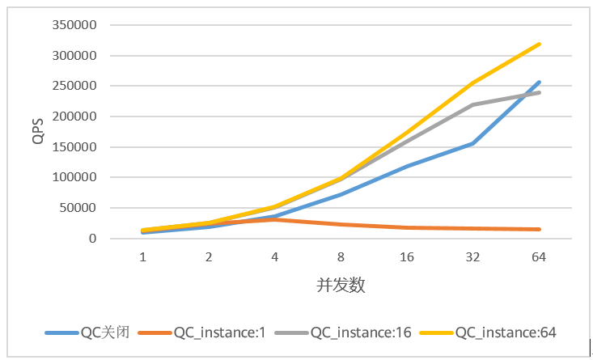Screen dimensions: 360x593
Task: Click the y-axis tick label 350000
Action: [74, 25]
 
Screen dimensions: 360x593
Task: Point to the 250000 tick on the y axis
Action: [74, 86]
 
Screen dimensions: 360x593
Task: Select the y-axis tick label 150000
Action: [74, 147]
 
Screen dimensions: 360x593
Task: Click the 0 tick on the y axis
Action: [93, 239]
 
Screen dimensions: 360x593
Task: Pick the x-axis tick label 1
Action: [142, 257]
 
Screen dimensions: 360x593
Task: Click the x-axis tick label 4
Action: [274, 257]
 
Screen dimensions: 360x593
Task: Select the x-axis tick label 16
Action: [407, 257]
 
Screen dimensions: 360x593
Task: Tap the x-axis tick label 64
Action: [539, 257]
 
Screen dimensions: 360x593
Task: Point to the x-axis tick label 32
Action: [472, 257]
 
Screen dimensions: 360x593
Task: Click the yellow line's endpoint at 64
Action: [539, 44]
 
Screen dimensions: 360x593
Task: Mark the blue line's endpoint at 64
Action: [539, 82]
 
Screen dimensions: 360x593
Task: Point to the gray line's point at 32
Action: [472, 104]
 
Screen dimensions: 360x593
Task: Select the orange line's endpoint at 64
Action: [539, 230]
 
